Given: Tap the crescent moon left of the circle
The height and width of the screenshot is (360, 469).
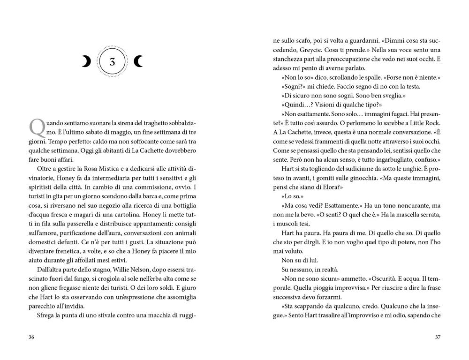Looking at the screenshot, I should coord(86,61).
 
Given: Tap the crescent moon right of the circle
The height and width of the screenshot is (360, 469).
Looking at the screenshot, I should coord(138,61).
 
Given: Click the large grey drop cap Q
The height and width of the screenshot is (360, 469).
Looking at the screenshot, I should coord(36,126).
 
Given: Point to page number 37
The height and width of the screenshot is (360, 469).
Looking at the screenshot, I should coord(438,337).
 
